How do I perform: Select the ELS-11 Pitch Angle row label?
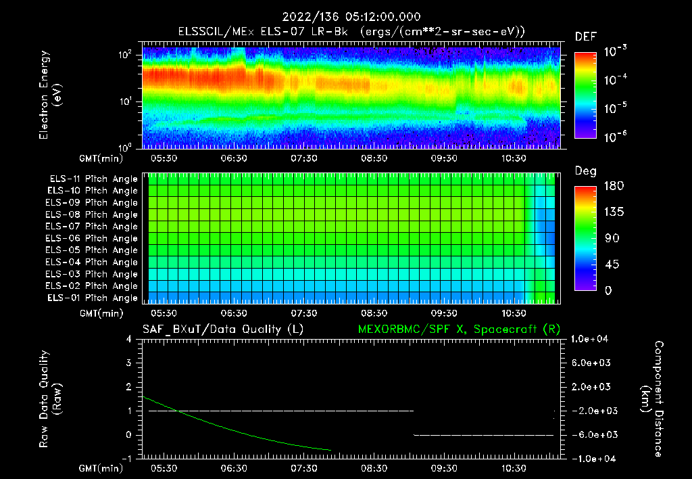92,179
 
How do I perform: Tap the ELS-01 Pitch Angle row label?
92,298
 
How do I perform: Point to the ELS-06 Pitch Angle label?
92,238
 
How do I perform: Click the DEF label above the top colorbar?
585,37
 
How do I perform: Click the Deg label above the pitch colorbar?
585,172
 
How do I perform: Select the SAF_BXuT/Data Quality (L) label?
222,329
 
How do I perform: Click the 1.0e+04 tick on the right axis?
592,339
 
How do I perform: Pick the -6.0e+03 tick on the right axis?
592,434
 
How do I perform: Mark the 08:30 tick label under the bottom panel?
374,467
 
